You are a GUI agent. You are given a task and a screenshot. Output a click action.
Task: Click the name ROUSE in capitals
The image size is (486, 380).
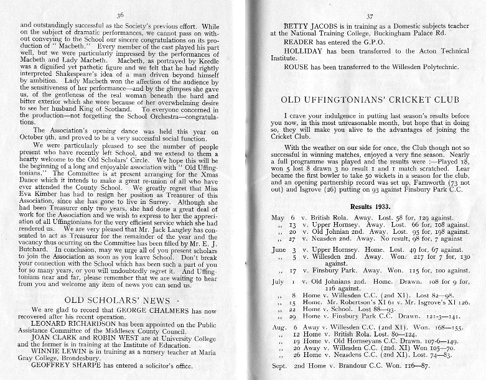296,67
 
